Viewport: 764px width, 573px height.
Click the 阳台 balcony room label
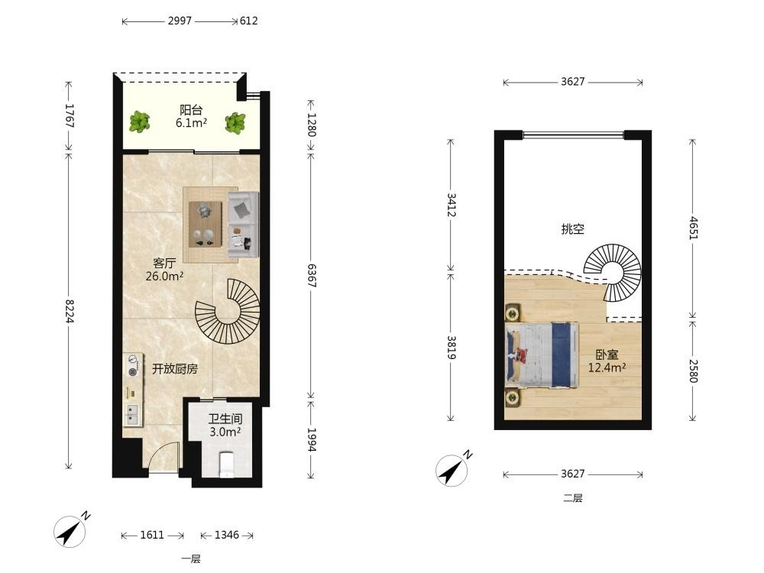(191, 110)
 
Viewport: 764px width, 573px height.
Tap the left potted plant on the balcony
(139, 121)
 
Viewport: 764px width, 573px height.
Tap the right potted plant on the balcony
(235, 123)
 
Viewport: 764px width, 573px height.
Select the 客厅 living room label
(164, 263)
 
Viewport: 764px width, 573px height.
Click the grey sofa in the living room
(243, 225)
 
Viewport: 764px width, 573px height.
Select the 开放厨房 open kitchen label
(175, 369)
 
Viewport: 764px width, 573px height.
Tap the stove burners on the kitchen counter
(132, 365)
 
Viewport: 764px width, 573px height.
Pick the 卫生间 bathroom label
(225, 419)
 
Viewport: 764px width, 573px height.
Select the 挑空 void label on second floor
(572, 228)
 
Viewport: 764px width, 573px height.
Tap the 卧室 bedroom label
(607, 354)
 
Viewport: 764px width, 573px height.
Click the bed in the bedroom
(542, 355)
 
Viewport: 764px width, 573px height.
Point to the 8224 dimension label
(69, 311)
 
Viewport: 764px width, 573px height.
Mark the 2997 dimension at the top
(180, 21)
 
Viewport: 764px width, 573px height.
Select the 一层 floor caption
(191, 559)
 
